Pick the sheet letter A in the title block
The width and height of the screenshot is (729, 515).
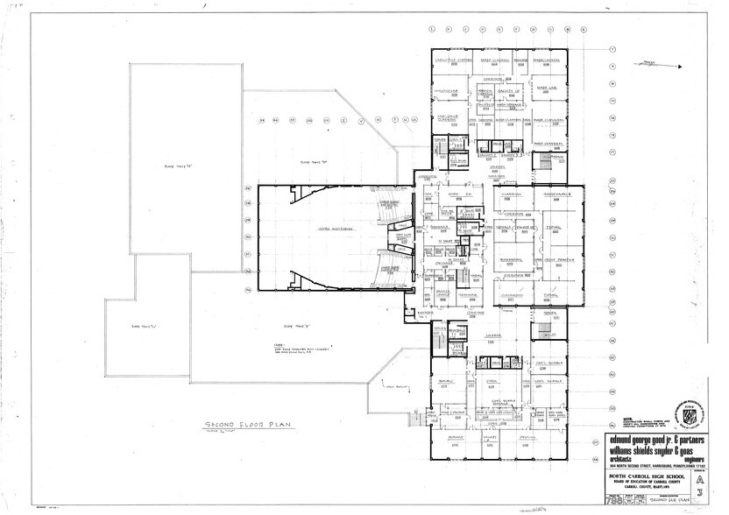pos(697,479)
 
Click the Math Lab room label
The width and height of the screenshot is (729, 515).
pos(558,88)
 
